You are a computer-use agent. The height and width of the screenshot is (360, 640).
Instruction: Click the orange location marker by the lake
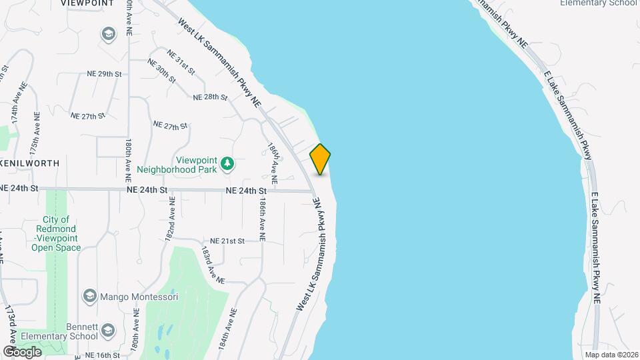click(321, 159)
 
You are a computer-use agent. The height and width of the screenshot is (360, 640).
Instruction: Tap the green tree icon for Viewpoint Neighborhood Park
click(228, 163)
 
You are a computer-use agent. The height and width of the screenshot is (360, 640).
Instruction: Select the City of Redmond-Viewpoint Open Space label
click(57, 233)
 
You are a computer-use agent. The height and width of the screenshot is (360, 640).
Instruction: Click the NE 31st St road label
click(181, 61)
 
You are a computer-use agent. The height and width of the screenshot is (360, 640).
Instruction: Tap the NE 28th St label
click(210, 97)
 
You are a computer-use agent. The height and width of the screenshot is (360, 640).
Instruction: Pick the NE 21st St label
click(229, 241)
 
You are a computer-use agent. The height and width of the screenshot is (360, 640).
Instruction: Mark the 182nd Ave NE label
click(172, 218)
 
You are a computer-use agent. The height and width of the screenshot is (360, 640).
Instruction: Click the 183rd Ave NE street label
click(213, 265)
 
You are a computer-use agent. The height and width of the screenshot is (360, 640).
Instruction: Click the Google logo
click(22, 351)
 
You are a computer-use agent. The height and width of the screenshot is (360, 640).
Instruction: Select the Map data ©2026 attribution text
click(609, 355)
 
